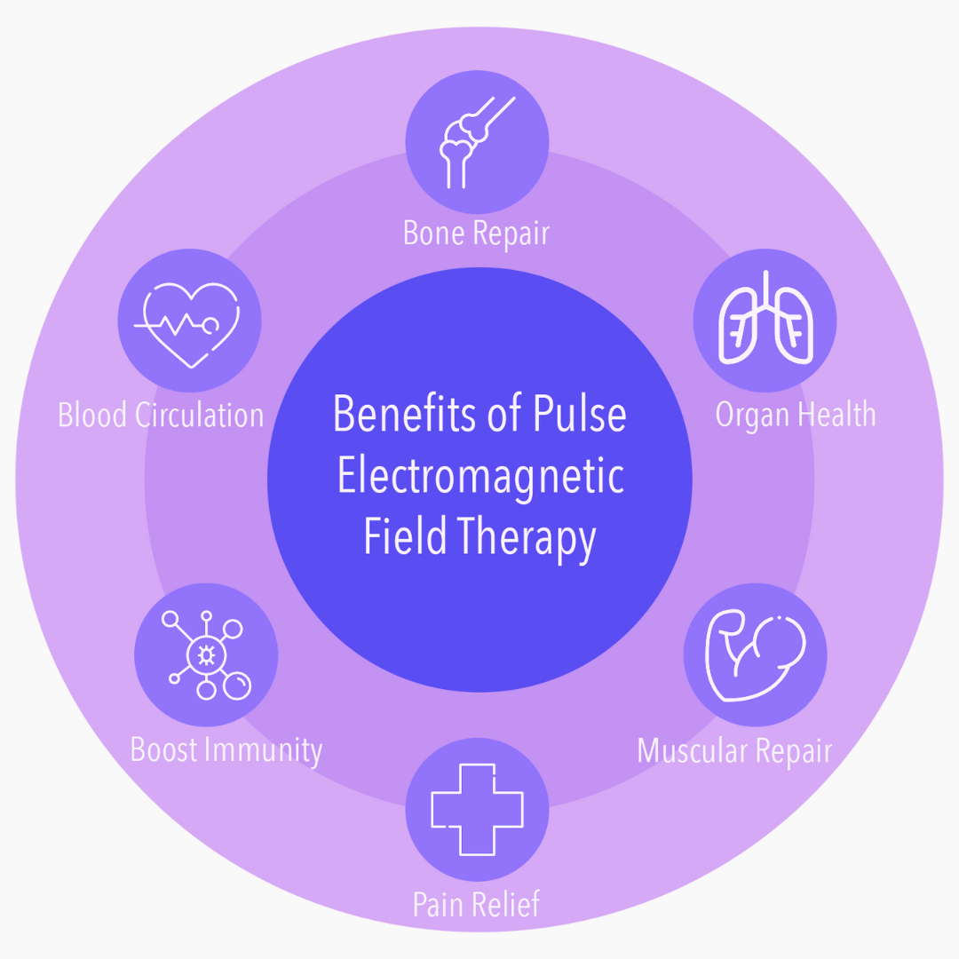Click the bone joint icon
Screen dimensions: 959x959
pyautogui.click(x=477, y=142)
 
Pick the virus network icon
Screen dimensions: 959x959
pyautogui.click(x=206, y=655)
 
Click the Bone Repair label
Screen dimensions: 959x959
pyautogui.click(x=477, y=233)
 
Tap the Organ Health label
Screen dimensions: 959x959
pyautogui.click(x=796, y=415)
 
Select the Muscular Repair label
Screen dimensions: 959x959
pyautogui.click(x=734, y=751)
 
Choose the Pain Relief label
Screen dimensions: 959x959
pyautogui.click(x=477, y=904)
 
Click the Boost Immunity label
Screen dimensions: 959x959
pyautogui.click(x=226, y=750)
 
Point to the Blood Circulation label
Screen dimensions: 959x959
pyautogui.click(x=161, y=415)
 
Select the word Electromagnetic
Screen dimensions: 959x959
pyautogui.click(x=480, y=478)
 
